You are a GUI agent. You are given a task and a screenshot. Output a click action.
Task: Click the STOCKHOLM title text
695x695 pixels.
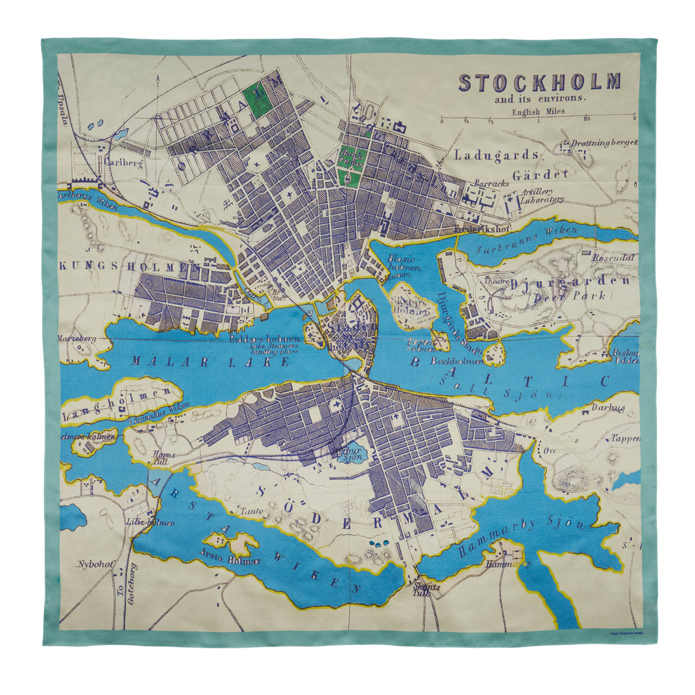(539, 83)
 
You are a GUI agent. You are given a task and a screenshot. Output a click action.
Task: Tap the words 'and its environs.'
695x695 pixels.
(540, 100)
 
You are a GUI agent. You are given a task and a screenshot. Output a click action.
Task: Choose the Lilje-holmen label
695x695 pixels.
(140, 523)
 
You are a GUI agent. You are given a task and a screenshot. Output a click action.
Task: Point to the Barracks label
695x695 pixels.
(492, 184)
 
